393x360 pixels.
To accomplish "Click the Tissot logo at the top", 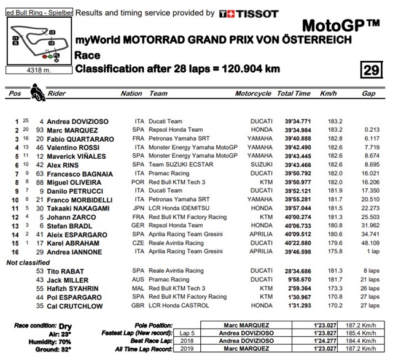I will (249, 13).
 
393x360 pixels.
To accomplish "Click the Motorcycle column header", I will (253, 94).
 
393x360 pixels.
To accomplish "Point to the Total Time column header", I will (294, 94).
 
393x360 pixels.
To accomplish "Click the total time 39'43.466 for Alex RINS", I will (294, 165).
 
